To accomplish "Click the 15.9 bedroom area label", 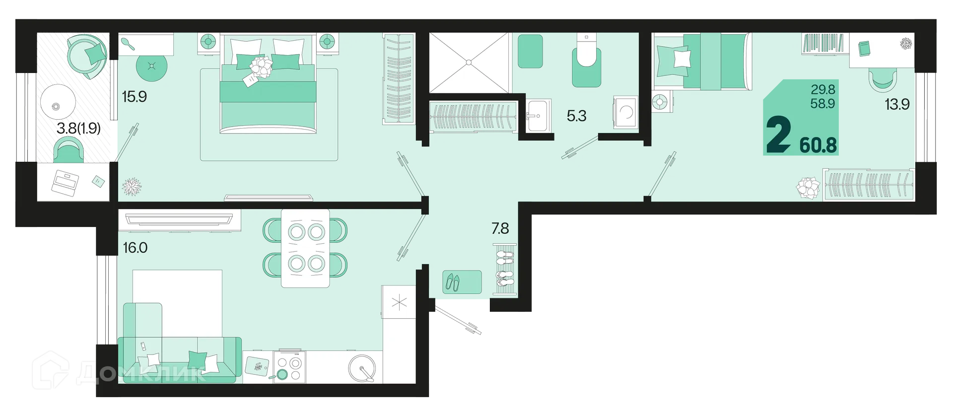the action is (134, 96).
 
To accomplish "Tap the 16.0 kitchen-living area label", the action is (135, 247).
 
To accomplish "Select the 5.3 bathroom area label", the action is (576, 116).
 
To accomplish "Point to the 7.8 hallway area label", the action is (500, 228).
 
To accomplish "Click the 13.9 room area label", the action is (897, 104).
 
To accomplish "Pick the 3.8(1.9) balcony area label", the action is (78, 128).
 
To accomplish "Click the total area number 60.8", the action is (818, 145).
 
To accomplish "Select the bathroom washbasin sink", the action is (537, 116).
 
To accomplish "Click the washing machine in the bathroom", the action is (626, 112).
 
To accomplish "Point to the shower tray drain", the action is (469, 63).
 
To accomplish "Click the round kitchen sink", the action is (362, 368).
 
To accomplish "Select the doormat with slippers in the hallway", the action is (462, 282).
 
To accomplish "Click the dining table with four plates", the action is (305, 248).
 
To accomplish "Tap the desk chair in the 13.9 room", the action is (883, 79).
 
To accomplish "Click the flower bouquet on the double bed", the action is (261, 66).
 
